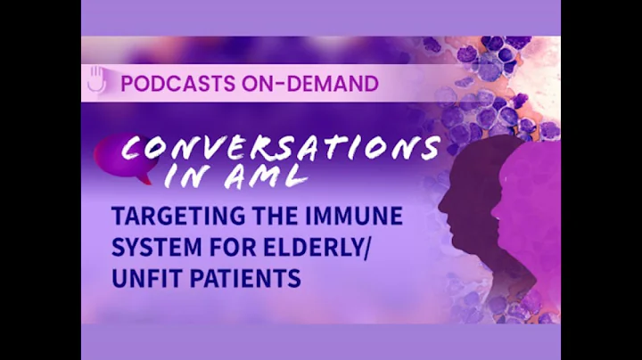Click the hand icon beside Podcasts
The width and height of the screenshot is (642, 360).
[x=96, y=81]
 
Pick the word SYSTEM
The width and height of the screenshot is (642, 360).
[x=150, y=249]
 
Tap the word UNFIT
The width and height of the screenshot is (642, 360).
[x=143, y=279]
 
